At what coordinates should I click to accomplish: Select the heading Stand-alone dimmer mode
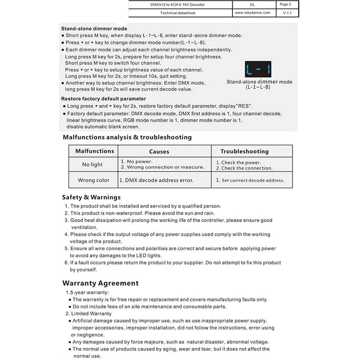pyautogui.click(x=94, y=28)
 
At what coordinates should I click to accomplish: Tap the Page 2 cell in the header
pyautogui.click(x=285, y=4)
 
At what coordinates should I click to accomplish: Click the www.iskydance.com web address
pyautogui.click(x=252, y=13)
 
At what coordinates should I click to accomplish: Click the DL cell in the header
pyautogui.click(x=252, y=4)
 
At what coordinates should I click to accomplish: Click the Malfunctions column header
pyautogui.click(x=94, y=151)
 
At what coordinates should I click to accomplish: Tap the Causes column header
pyautogui.click(x=159, y=152)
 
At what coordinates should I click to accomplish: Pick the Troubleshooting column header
pyautogui.click(x=244, y=152)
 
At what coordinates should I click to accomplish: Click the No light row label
pyautogui.click(x=92, y=165)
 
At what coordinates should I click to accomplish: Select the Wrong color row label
pyautogui.click(x=94, y=180)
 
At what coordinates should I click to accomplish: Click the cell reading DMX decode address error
pyautogui.click(x=156, y=180)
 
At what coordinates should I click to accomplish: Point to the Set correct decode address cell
pyautogui.click(x=250, y=180)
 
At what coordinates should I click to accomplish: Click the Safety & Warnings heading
pyautogui.click(x=91, y=197)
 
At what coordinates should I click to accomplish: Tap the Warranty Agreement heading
pyautogui.click(x=100, y=283)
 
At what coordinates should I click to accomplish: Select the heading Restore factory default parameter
pyautogui.click(x=103, y=99)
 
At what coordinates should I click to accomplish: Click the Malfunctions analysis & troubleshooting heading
pyautogui.click(x=127, y=137)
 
